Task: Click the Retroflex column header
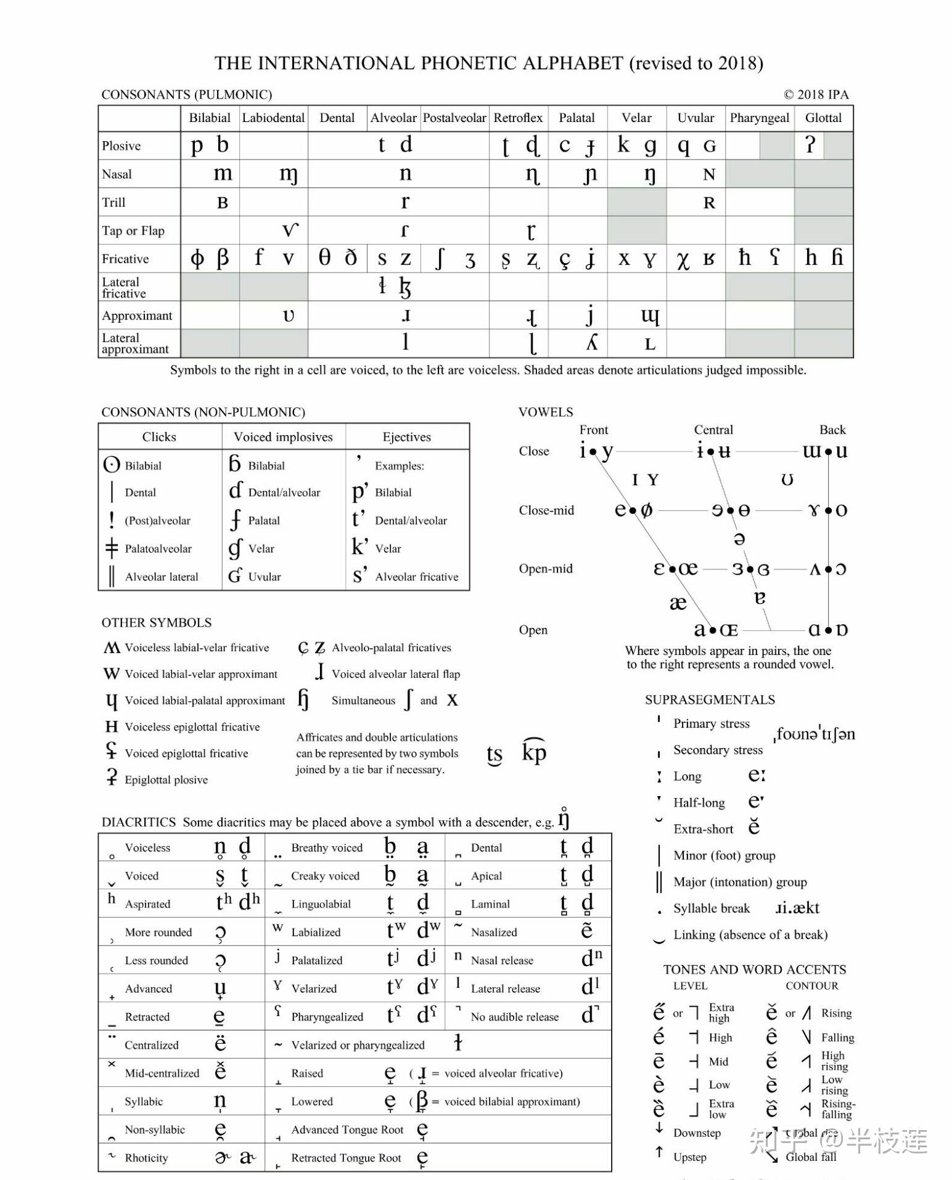[x=518, y=118]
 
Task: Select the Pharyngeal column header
[x=759, y=118]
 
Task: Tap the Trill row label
[x=113, y=202]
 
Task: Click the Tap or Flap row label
[x=133, y=230]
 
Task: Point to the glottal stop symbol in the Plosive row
[x=810, y=145]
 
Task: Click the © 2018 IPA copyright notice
[x=816, y=94]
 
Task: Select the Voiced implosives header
[x=283, y=437]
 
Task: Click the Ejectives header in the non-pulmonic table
[x=407, y=437]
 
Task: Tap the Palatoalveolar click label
[x=158, y=548]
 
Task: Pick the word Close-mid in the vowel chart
[x=546, y=510]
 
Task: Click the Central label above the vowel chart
[x=713, y=429]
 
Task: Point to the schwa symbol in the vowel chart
[x=739, y=539]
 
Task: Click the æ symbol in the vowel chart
[x=678, y=603]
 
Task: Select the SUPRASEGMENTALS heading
[x=710, y=699]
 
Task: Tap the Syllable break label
[x=712, y=908]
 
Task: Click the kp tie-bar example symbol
[x=534, y=752]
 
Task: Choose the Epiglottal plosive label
[x=166, y=779]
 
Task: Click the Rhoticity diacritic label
[x=146, y=1158]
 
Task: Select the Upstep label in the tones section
[x=689, y=1157]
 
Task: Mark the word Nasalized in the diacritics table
[x=494, y=932]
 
